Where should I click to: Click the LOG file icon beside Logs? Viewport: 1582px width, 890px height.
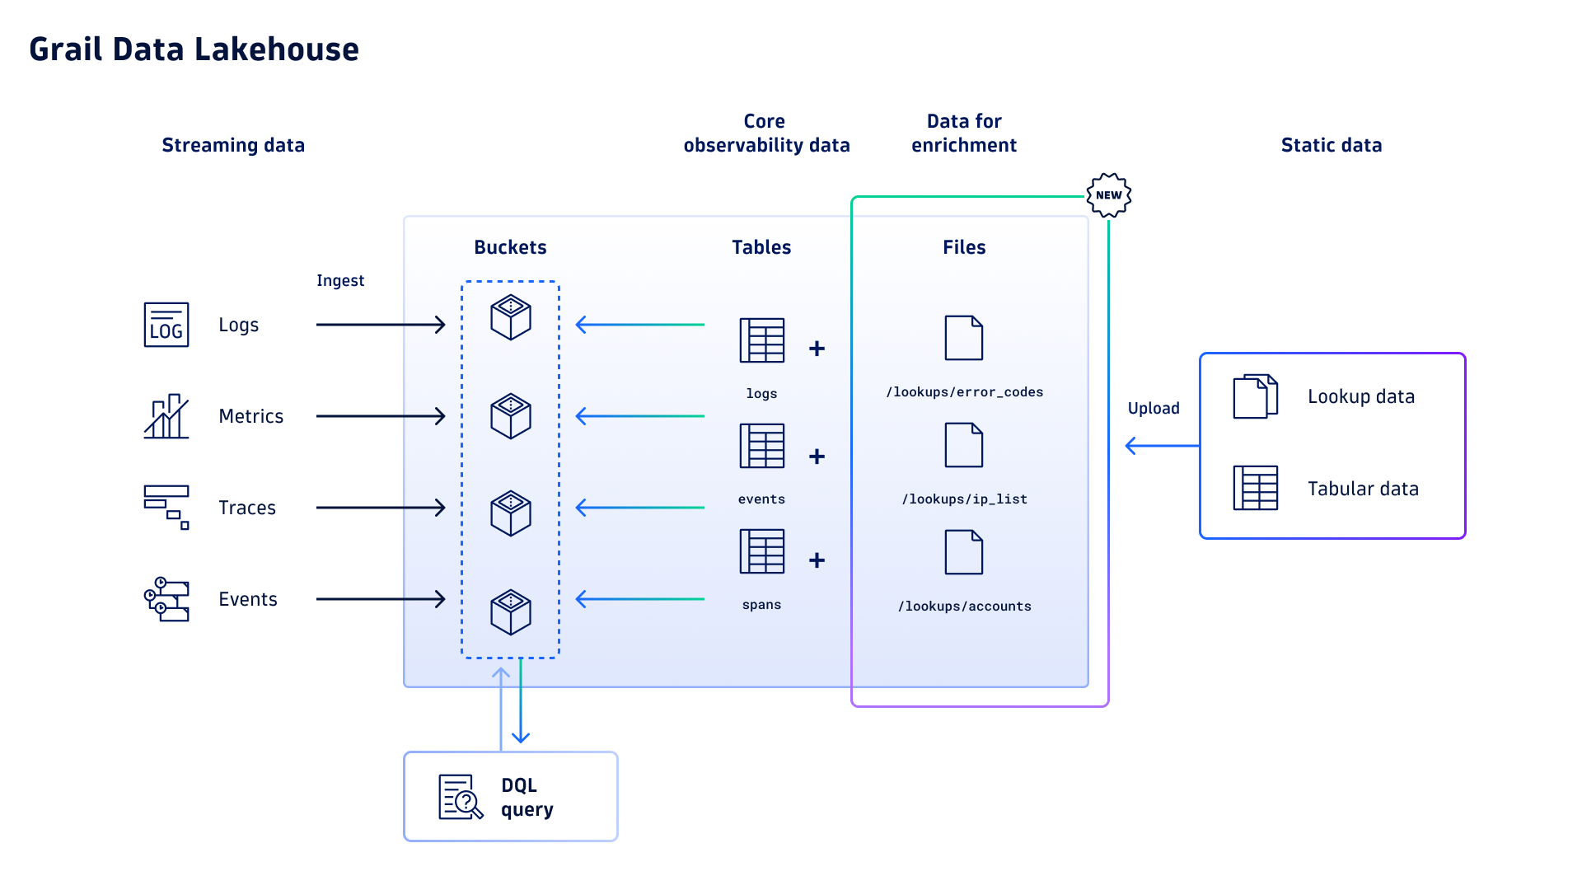tap(166, 325)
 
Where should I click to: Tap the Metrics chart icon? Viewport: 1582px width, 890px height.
tap(166, 416)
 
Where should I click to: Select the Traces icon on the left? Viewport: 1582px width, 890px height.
tap(166, 507)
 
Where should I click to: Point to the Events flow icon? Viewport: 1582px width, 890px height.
tap(166, 599)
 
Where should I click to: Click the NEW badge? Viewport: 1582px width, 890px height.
tap(1108, 195)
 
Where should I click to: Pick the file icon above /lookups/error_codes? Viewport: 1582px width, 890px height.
tap(963, 338)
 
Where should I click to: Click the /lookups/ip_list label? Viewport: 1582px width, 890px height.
tap(964, 499)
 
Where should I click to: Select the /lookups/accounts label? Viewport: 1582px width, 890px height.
tap(964, 607)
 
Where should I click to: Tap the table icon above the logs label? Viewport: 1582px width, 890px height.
tap(762, 340)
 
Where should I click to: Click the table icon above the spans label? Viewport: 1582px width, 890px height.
tap(762, 551)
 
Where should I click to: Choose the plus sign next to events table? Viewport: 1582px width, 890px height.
tap(817, 457)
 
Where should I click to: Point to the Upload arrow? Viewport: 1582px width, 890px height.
tap(1162, 446)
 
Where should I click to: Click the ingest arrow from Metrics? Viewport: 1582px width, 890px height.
tap(381, 416)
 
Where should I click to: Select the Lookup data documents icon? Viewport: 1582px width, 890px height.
tap(1255, 396)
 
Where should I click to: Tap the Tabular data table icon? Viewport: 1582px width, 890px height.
tap(1255, 488)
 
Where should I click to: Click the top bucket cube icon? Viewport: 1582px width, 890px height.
tap(511, 317)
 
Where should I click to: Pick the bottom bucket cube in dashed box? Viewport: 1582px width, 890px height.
tap(511, 611)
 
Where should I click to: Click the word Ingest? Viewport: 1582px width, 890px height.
tap(339, 281)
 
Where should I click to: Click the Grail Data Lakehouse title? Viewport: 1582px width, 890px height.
tap(194, 49)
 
